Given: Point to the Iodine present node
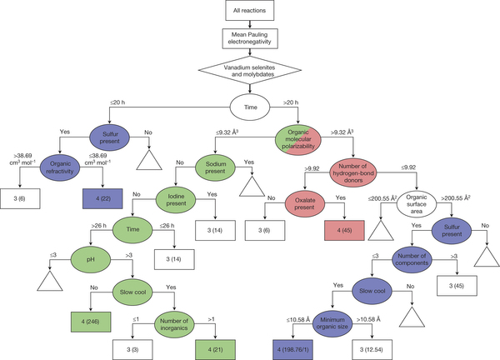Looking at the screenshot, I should [181, 201].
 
